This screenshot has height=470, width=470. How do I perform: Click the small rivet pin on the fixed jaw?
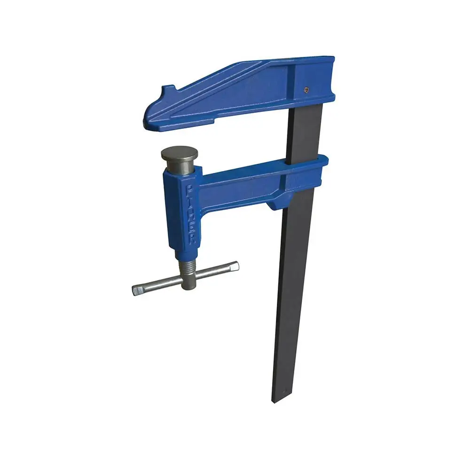[x=306, y=89]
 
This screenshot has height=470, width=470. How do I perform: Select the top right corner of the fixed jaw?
[x=333, y=59]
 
